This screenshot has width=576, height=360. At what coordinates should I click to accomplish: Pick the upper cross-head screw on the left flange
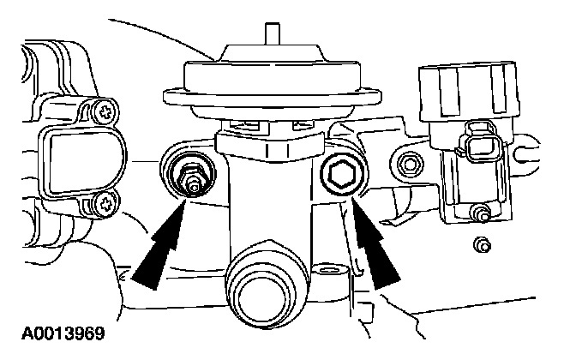pyautogui.click(x=106, y=111)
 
